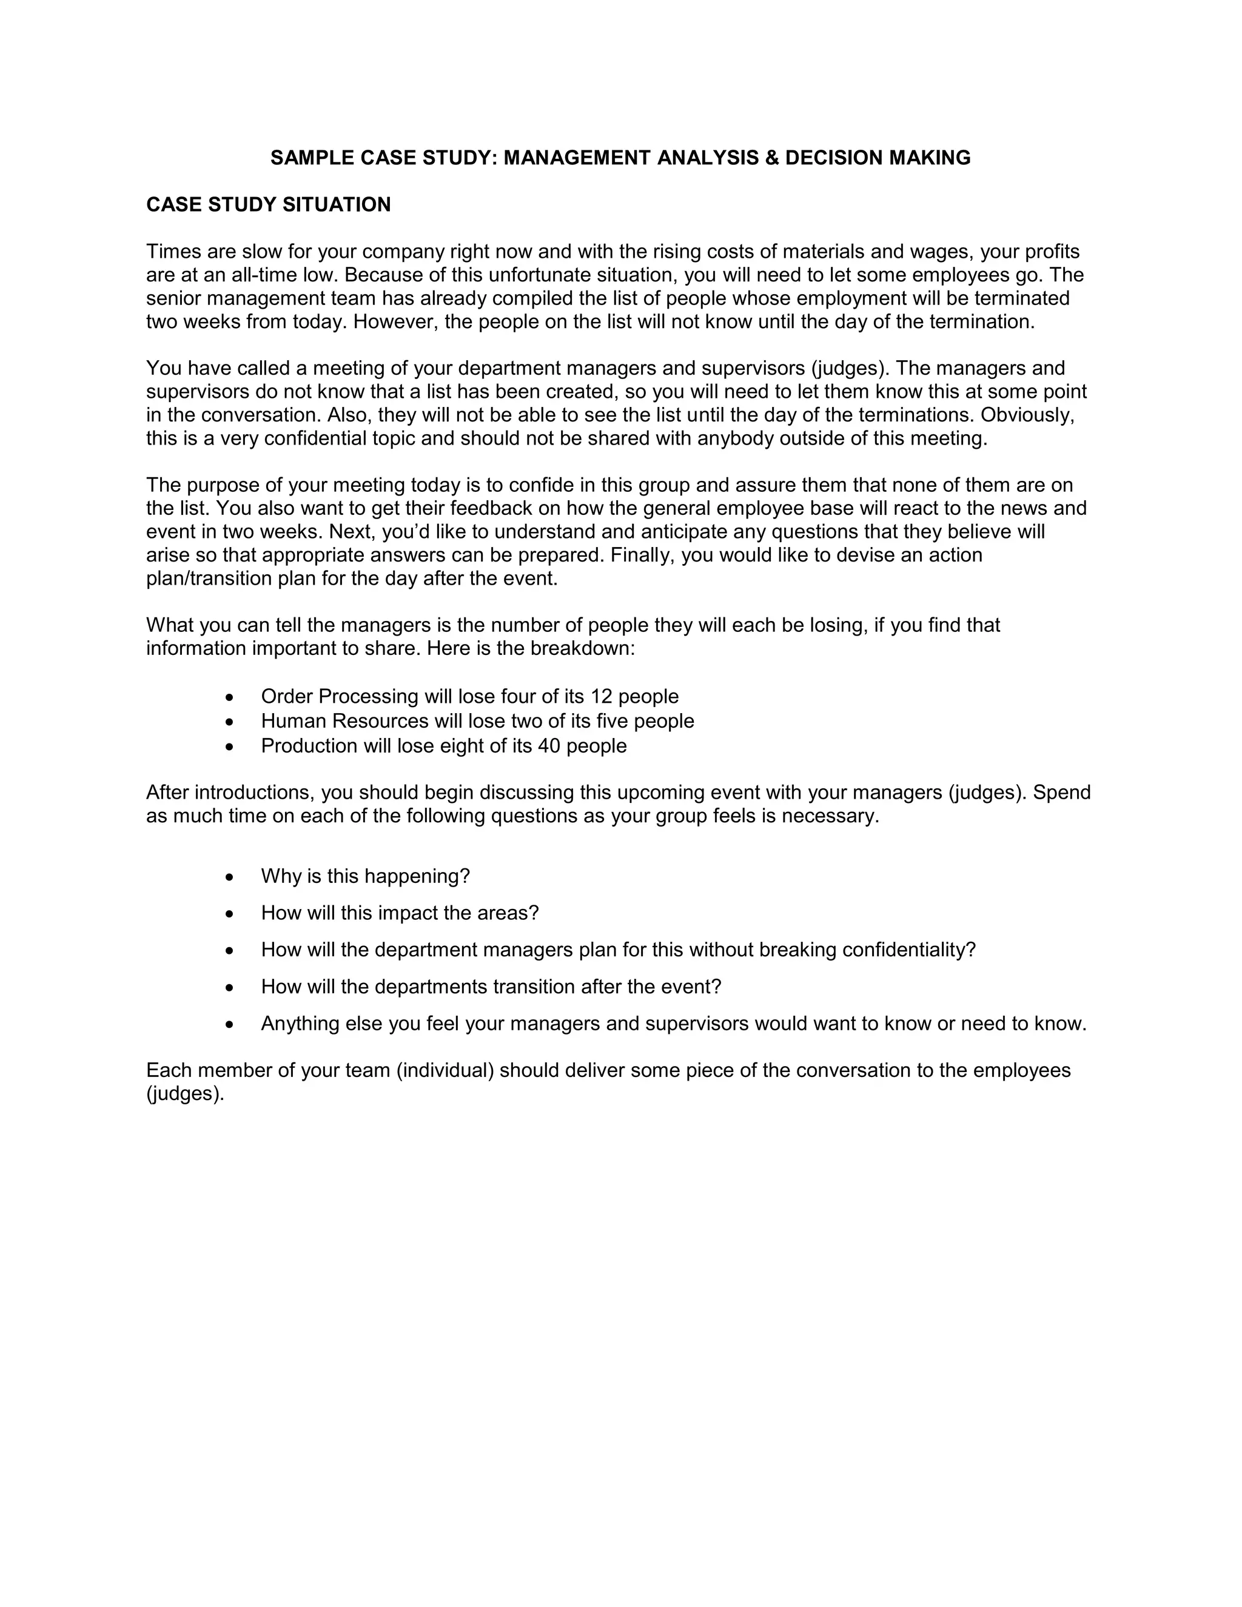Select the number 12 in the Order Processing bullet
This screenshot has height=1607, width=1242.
click(601, 696)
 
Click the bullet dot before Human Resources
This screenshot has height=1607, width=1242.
click(230, 721)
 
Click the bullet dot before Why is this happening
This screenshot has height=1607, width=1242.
click(230, 877)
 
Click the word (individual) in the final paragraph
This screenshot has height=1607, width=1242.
click(445, 1070)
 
